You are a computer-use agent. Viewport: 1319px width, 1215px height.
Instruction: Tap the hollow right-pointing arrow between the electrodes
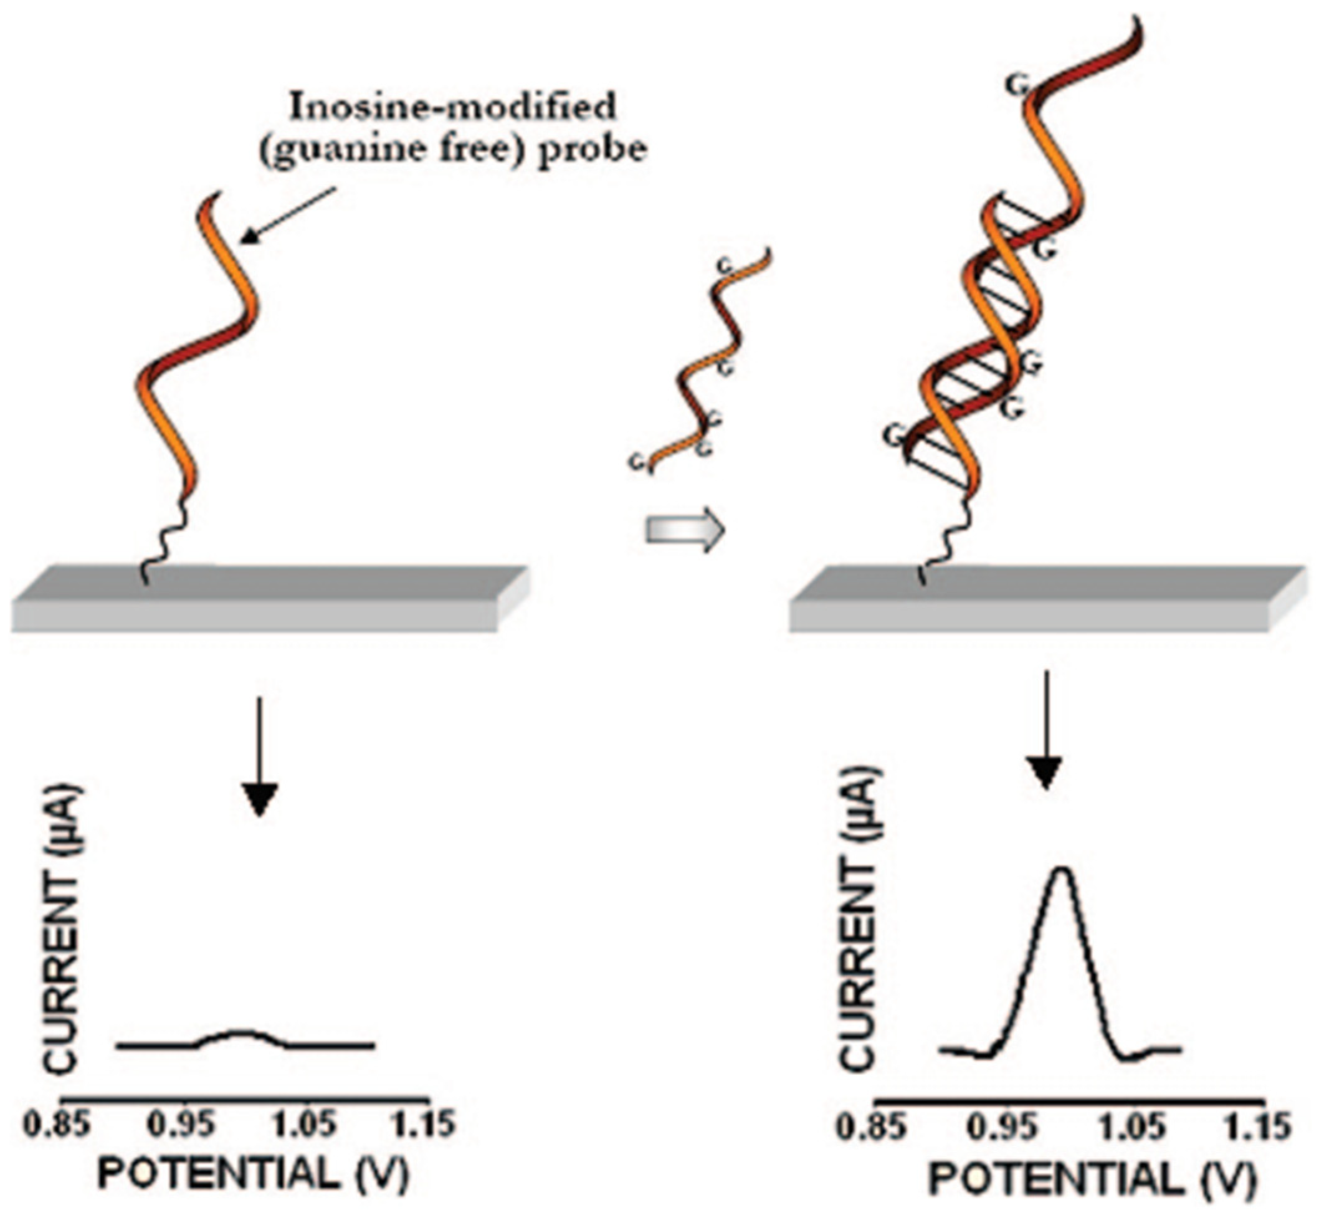685,529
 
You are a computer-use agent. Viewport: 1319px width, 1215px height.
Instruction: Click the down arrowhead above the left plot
260,799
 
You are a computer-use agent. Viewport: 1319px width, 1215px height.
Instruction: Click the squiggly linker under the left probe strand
162,533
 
